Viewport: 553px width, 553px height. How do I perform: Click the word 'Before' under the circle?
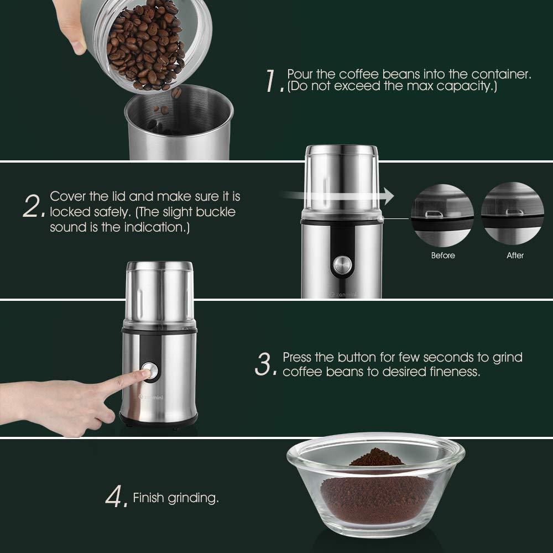[443, 255]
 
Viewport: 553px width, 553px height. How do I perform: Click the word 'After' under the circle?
[515, 255]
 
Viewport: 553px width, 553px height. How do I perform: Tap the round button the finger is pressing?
[150, 371]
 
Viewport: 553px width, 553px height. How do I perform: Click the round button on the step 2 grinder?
[342, 265]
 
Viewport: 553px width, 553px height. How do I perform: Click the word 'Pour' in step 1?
[300, 74]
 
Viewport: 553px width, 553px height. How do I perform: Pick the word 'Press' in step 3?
[297, 357]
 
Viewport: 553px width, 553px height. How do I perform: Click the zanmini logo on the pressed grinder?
[150, 397]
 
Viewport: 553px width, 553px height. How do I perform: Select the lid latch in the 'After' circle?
[515, 212]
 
